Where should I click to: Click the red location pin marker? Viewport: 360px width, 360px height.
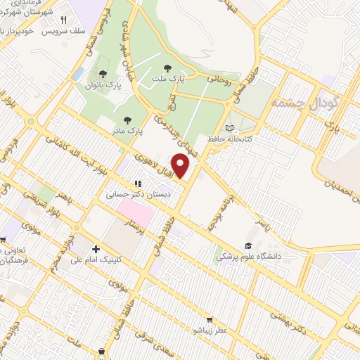(x=181, y=167)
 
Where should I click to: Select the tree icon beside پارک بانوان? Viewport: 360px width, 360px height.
(x=103, y=73)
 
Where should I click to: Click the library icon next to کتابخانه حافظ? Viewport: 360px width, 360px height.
(x=229, y=127)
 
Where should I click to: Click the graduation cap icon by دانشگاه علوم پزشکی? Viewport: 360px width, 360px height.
(x=247, y=246)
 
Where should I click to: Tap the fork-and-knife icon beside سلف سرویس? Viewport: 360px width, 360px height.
(x=64, y=20)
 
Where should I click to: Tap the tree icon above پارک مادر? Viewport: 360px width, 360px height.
(x=127, y=120)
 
